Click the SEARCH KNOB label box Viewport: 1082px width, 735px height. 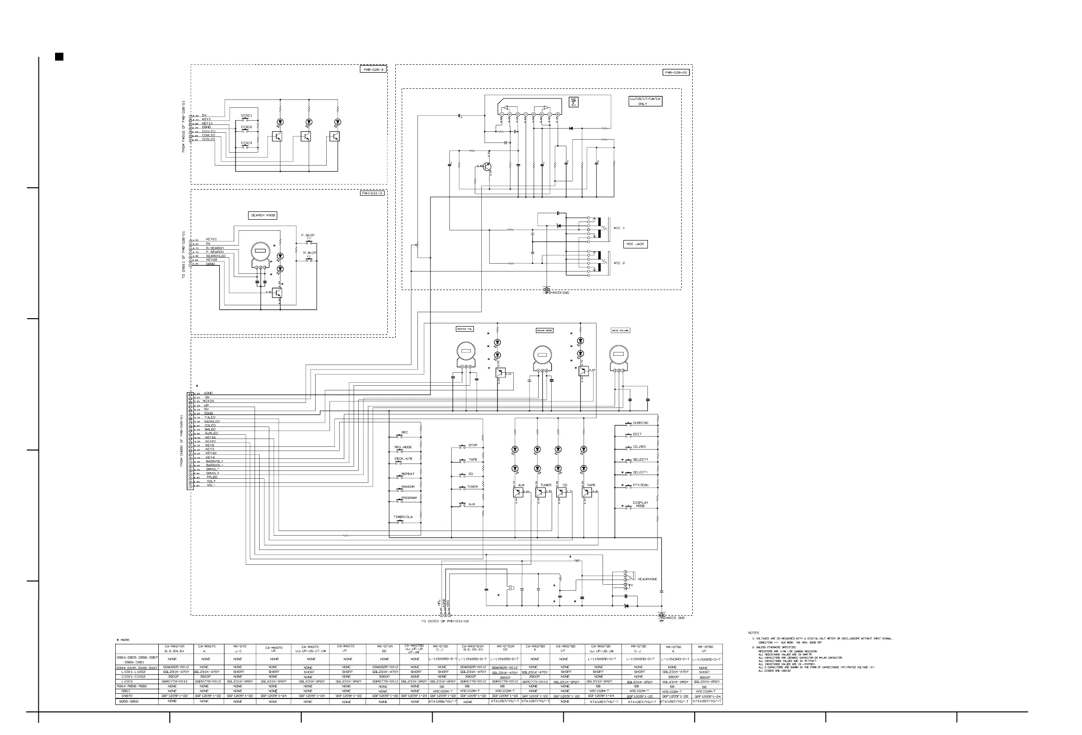(263, 215)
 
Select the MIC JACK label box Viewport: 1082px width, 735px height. (635, 244)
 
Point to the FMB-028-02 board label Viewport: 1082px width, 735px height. (676, 72)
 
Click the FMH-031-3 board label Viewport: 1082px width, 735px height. (373, 193)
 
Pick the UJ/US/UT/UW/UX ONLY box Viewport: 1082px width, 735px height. (645, 101)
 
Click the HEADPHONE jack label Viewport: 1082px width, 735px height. (647, 579)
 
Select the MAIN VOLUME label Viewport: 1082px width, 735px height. (620, 330)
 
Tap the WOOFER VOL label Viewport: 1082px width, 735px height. (464, 329)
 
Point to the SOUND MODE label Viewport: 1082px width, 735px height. (544, 330)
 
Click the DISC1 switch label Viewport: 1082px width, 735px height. (247, 116)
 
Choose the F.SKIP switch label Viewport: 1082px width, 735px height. (308, 235)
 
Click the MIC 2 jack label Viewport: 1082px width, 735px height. (619, 263)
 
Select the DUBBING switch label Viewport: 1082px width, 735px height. (640, 423)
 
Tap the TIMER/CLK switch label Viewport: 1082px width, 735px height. (403, 517)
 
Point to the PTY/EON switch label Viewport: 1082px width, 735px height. (640, 485)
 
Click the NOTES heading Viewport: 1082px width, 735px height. (753, 633)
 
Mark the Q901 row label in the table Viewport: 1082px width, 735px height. (126, 691)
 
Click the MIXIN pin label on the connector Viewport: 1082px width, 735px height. (208, 401)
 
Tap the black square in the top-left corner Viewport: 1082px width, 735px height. (59, 57)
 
